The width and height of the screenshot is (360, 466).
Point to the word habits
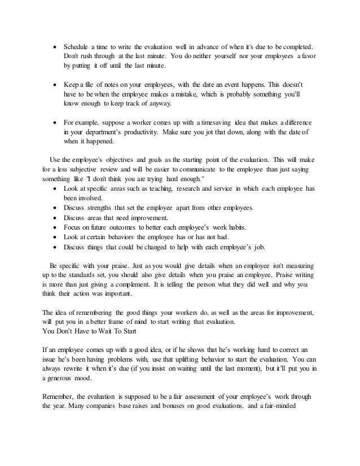pos(242,227)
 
